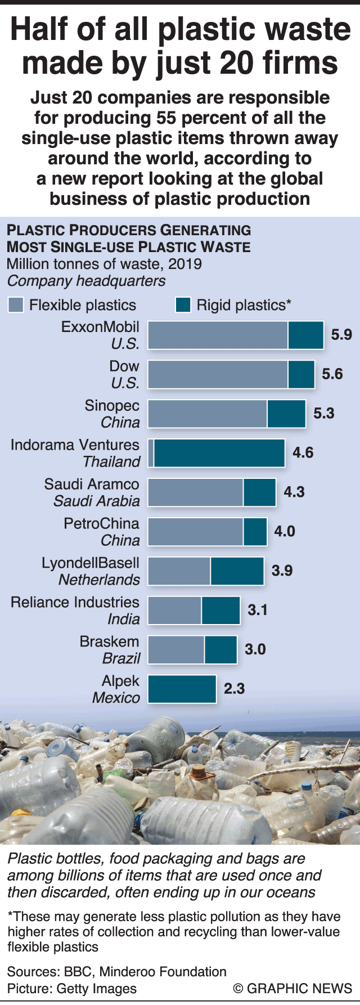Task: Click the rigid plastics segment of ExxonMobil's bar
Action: pyautogui.click(x=306, y=335)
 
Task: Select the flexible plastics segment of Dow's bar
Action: pyautogui.click(x=218, y=374)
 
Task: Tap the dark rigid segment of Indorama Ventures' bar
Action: pyautogui.click(x=219, y=453)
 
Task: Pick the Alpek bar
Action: pyautogui.click(x=182, y=689)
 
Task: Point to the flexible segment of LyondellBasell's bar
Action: pyautogui.click(x=179, y=571)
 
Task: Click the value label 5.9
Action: pyautogui.click(x=341, y=335)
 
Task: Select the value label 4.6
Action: pyautogui.click(x=303, y=453)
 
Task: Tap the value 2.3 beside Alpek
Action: pyautogui.click(x=235, y=689)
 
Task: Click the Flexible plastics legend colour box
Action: pyautogui.click(x=16, y=305)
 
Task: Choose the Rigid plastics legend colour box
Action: pyautogui.click(x=183, y=305)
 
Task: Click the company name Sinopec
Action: pyautogui.click(x=112, y=406)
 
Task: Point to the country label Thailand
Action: pyautogui.click(x=111, y=462)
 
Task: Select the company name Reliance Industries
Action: pyautogui.click(x=75, y=602)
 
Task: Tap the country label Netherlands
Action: pyautogui.click(x=99, y=580)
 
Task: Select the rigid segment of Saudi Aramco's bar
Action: pyautogui.click(x=259, y=492)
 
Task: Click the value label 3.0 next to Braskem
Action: pyautogui.click(x=255, y=649)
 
